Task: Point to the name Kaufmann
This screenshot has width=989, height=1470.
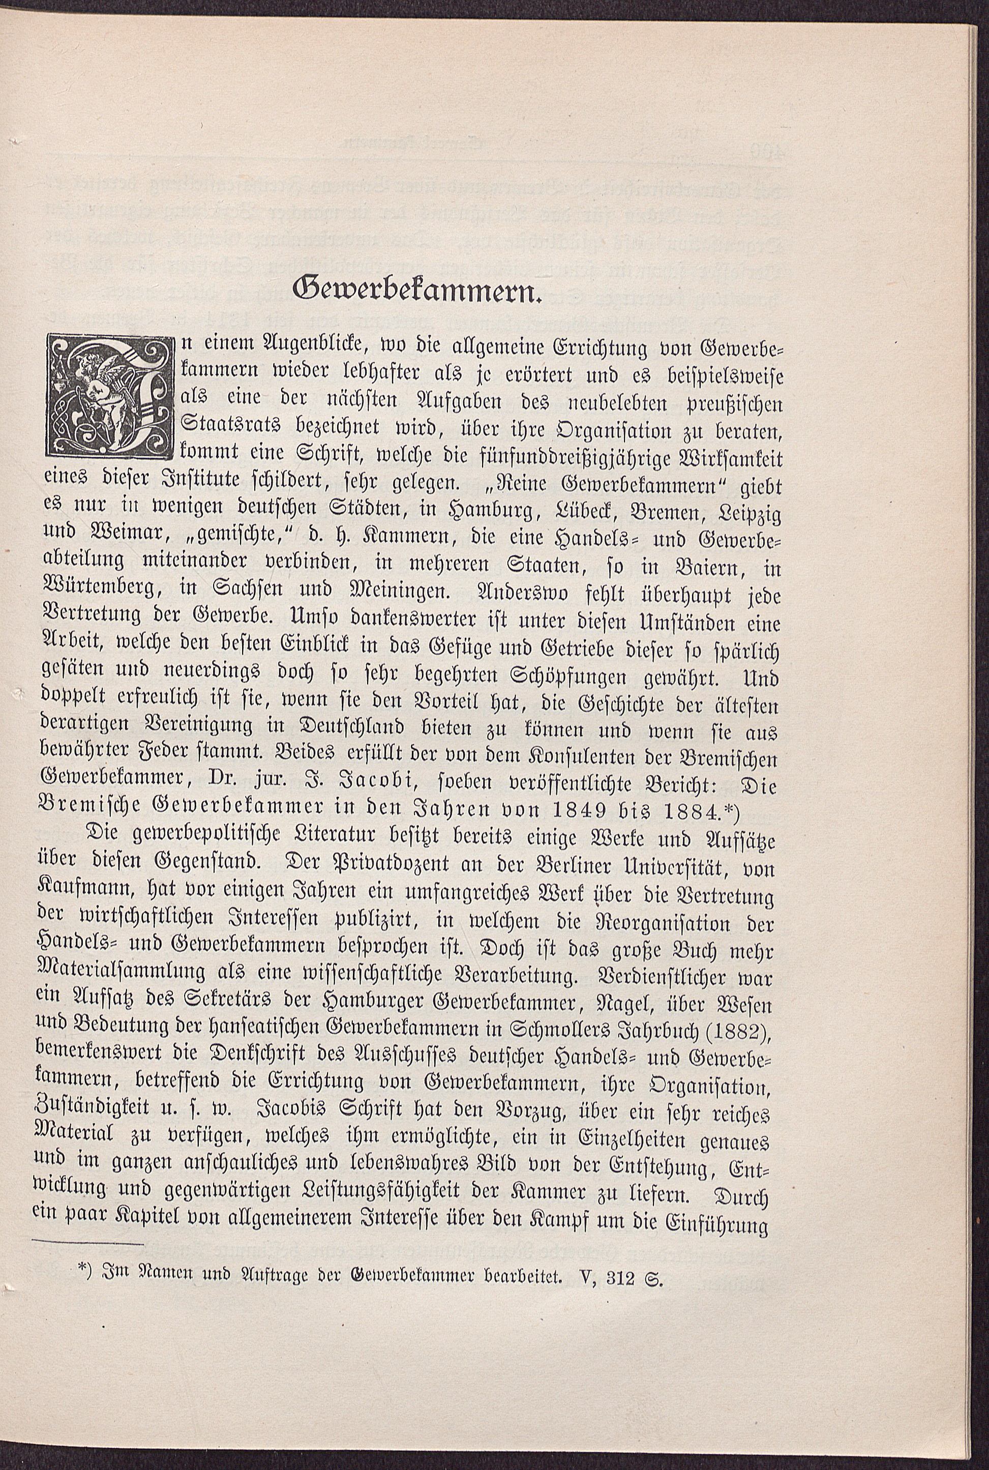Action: (82, 890)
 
